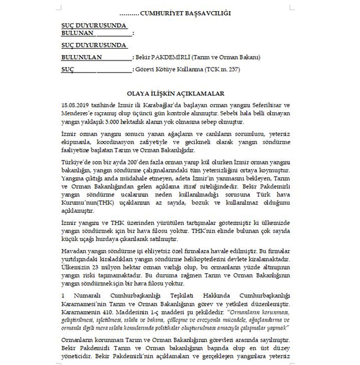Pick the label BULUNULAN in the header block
click(x=81, y=57)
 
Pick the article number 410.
click(x=107, y=312)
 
